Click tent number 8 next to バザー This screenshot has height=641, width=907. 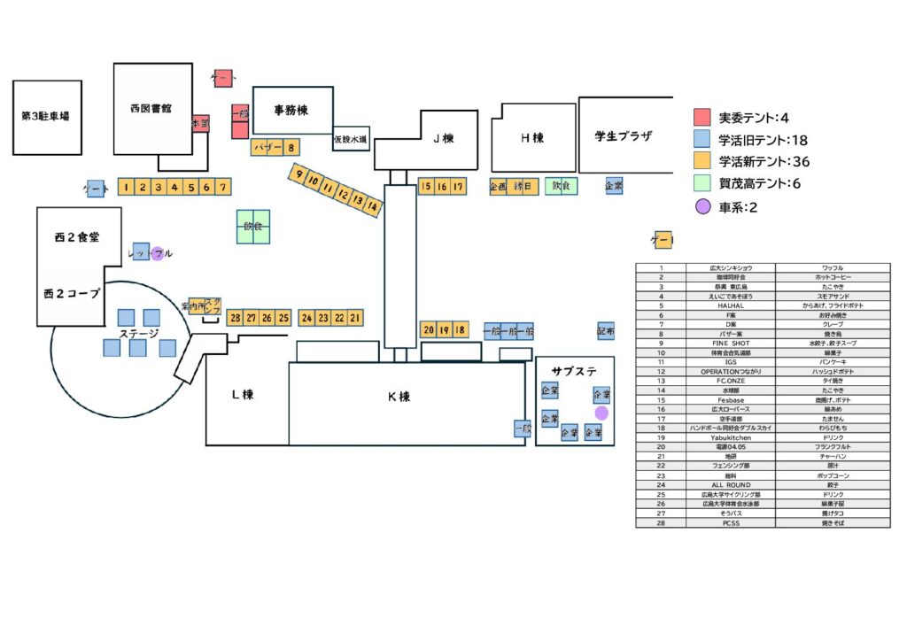(290, 148)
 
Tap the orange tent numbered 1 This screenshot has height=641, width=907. (126, 187)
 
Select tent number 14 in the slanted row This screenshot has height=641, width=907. (374, 205)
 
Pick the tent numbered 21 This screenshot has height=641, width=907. (356, 317)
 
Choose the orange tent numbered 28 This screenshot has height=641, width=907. (235, 317)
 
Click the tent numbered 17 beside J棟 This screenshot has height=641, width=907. (458, 186)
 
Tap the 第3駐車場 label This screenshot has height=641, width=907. (45, 116)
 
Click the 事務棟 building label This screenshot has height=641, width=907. (291, 111)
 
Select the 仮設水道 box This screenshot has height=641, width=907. (350, 139)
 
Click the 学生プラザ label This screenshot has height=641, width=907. (624, 136)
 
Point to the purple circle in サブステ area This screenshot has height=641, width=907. (601, 413)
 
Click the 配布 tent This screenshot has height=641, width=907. (606, 330)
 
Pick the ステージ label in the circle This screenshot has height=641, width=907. (140, 334)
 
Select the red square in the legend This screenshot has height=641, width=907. (702, 117)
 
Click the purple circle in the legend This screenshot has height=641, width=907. (702, 206)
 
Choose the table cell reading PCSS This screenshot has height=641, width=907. (730, 523)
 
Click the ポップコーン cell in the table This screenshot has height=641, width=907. (833, 475)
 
